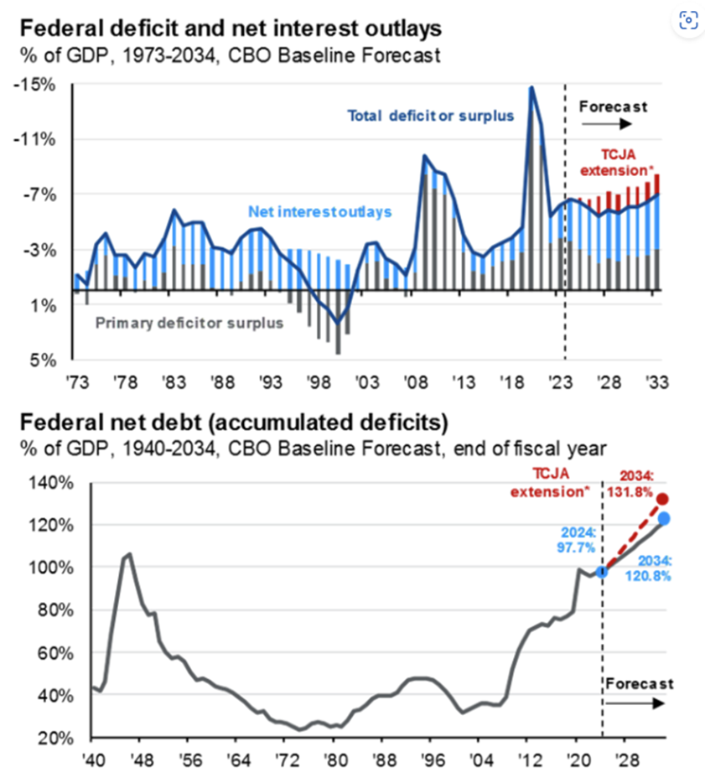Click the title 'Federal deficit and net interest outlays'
228,29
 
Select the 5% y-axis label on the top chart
43,361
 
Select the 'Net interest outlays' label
320,212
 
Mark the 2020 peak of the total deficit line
531,87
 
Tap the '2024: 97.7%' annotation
572,539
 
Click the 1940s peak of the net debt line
128,554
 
